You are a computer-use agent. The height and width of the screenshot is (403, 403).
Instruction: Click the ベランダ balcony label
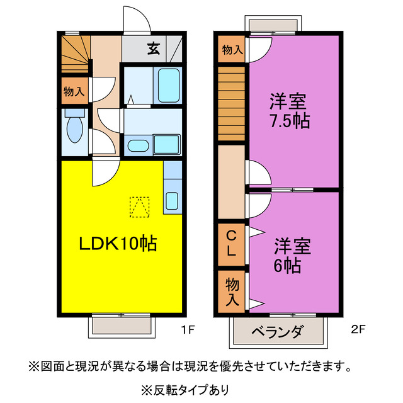tap(278, 332)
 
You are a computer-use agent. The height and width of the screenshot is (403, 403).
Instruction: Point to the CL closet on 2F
tap(232, 244)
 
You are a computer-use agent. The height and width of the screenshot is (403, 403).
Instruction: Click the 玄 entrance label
tap(153, 48)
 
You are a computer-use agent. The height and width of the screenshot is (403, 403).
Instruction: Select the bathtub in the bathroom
tap(168, 86)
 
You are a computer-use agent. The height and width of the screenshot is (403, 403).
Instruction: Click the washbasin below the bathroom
tap(137, 146)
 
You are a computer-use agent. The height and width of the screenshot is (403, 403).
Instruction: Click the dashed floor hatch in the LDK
tap(140, 207)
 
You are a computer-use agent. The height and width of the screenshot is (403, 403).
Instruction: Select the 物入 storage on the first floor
tap(74, 91)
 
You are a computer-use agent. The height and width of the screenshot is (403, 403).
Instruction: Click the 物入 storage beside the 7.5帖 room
tap(232, 49)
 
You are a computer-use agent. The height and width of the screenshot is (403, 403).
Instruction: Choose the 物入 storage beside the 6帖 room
tap(232, 292)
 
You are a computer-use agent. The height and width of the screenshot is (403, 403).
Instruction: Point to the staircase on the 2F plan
tap(231, 103)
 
